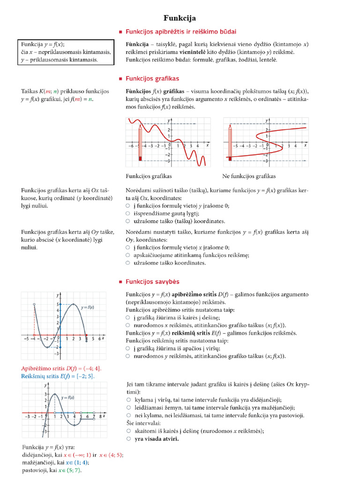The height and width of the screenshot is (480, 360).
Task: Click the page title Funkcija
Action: click(180, 18)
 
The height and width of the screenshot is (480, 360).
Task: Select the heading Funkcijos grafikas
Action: click(152, 79)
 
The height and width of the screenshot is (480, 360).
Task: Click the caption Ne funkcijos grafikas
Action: click(248, 176)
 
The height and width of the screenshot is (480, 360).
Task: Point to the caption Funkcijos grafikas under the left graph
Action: click(149, 176)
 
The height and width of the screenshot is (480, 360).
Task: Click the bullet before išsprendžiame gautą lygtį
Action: click(128, 214)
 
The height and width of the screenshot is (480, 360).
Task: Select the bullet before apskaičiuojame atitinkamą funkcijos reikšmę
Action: click(128, 255)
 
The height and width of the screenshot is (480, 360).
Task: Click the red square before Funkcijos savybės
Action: click(121, 282)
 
